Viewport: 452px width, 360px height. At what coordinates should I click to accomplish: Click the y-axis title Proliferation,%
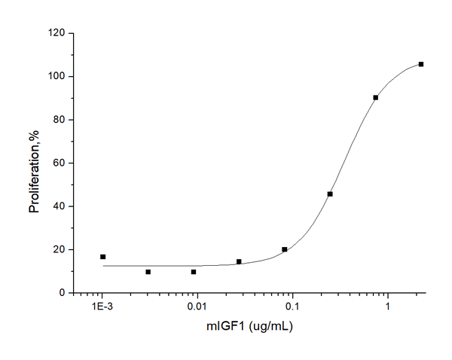[34, 163]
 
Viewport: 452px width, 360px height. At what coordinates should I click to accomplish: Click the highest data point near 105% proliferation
[421, 64]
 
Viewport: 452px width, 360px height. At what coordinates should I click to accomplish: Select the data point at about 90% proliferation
[376, 97]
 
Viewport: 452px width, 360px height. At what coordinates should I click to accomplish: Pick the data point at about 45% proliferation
[330, 194]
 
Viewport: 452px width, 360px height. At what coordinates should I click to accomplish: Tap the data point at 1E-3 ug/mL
[102, 257]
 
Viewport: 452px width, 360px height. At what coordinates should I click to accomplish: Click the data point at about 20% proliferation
[285, 249]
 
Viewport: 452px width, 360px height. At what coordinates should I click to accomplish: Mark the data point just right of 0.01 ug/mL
[239, 261]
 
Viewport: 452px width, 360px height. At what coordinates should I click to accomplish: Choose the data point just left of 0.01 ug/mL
[194, 272]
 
